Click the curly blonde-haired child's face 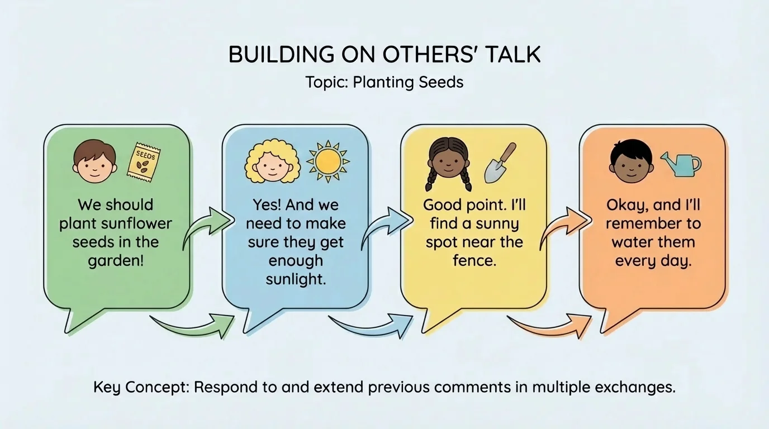pos(272,162)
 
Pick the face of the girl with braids pos(450,163)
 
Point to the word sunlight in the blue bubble pos(296,279)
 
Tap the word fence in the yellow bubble pos(474,260)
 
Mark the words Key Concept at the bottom pos(140,387)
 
